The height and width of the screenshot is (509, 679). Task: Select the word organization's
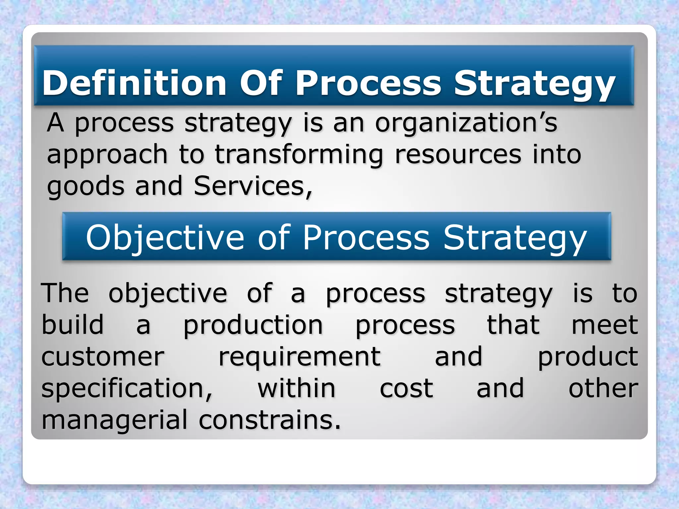pyautogui.click(x=466, y=123)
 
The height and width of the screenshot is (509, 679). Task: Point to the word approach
pyautogui.click(x=107, y=155)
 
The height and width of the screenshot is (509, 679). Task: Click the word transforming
pyautogui.click(x=299, y=155)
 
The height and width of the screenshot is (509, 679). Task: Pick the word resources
pyautogui.click(x=458, y=154)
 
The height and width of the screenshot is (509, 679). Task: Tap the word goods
pyautogui.click(x=86, y=186)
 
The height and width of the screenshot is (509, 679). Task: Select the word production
pyautogui.click(x=253, y=326)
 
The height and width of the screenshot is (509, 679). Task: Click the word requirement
pyautogui.click(x=300, y=357)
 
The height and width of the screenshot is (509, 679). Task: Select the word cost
pyautogui.click(x=406, y=388)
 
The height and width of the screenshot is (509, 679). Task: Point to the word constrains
pyautogui.click(x=270, y=420)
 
